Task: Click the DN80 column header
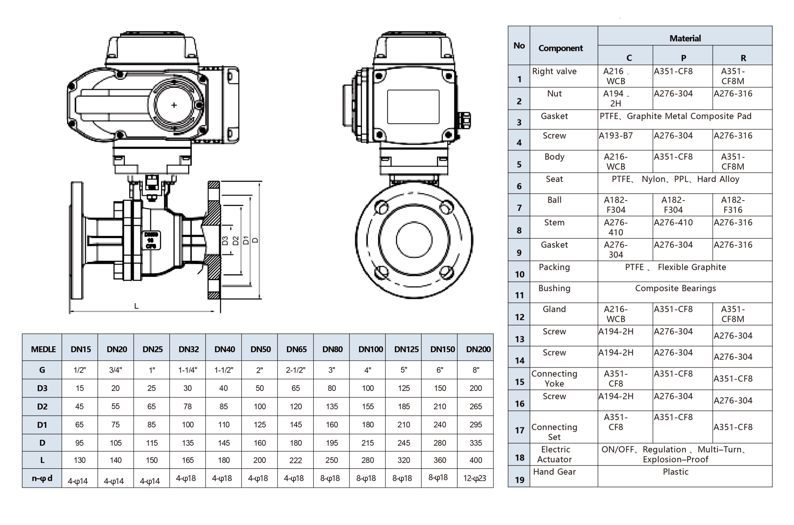(332, 349)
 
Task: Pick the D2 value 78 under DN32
(188, 406)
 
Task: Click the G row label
(42, 370)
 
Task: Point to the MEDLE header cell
(43, 349)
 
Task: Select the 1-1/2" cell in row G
(224, 370)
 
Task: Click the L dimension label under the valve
(136, 306)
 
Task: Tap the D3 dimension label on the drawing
(225, 241)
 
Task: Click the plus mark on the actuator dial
(174, 105)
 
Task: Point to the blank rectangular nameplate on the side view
(413, 107)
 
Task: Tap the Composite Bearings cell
(675, 288)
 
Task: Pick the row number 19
(519, 480)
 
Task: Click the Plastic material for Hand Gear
(675, 472)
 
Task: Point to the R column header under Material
(743, 58)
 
